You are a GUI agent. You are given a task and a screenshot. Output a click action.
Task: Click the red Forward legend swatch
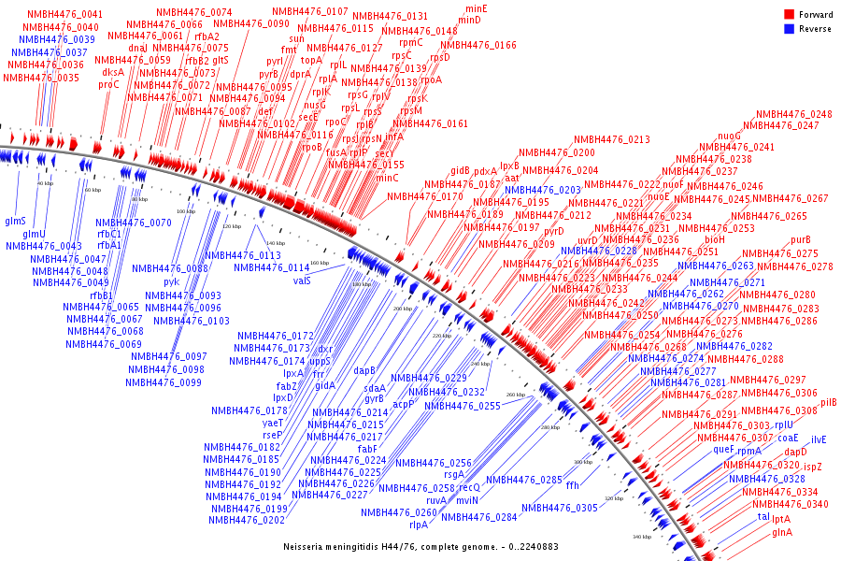(x=789, y=14)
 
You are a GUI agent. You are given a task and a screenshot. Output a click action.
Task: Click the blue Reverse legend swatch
(x=789, y=28)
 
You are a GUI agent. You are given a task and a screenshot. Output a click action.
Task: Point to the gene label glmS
(x=15, y=221)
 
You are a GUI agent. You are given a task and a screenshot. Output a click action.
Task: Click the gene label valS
(x=302, y=280)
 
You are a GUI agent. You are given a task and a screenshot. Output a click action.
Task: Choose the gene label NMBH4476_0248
(x=793, y=114)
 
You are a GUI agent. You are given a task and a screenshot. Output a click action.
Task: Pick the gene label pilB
(x=828, y=403)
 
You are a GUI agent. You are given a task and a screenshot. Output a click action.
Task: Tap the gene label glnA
(x=782, y=532)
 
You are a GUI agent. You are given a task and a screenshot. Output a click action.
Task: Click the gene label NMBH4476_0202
(x=247, y=520)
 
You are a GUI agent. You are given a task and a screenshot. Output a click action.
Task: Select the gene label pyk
(x=171, y=280)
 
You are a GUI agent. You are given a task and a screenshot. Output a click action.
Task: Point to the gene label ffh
(x=573, y=485)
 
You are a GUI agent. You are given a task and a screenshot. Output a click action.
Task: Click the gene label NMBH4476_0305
(x=560, y=508)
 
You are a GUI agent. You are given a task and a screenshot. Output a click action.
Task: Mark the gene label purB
(x=800, y=240)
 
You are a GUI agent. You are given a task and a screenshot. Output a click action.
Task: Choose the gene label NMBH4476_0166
(x=478, y=45)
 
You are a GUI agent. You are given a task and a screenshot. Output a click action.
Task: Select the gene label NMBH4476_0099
(x=164, y=381)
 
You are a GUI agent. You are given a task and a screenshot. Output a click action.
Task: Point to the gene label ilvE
(x=819, y=439)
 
